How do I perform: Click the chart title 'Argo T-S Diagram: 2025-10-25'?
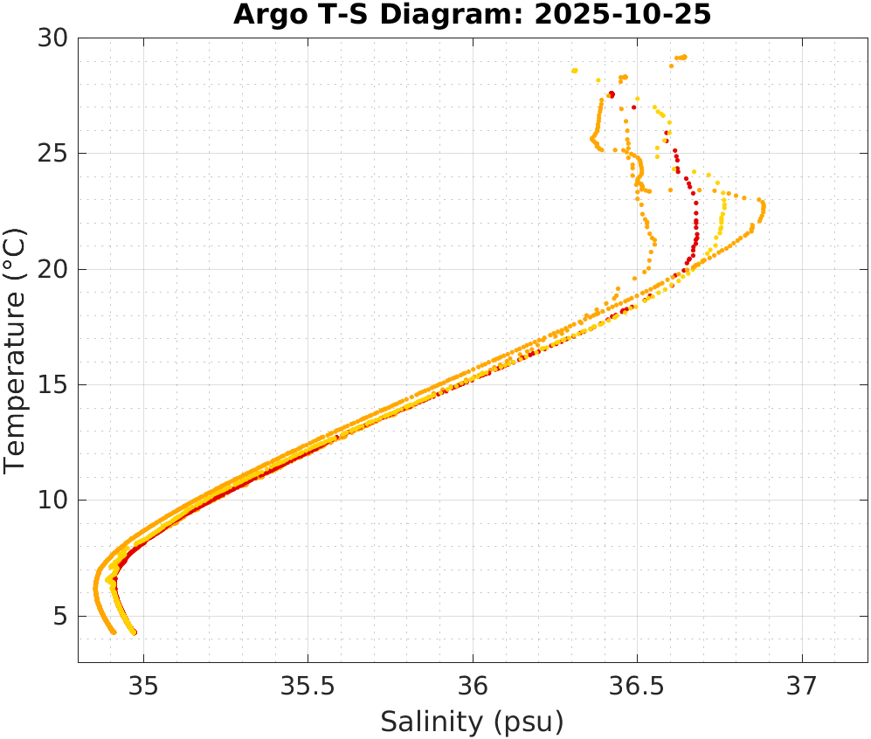point(472,15)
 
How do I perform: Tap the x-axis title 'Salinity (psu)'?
point(472,722)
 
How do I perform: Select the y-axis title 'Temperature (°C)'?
point(15,349)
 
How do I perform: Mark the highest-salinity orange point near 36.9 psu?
point(764,208)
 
